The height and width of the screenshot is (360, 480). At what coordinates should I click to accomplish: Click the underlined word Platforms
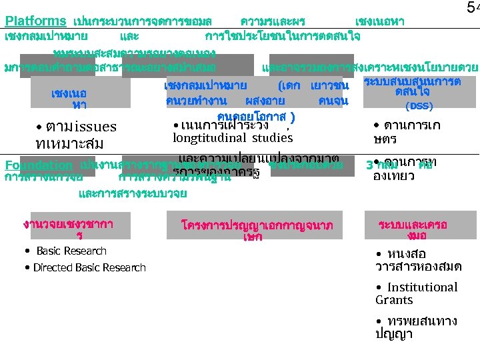coord(35,21)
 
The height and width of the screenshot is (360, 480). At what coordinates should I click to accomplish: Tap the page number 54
coord(472,8)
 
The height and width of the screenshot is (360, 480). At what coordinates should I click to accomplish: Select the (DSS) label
coord(419,106)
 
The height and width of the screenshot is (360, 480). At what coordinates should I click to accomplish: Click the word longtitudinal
coord(207,138)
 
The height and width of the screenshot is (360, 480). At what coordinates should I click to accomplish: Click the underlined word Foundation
coord(38,165)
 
